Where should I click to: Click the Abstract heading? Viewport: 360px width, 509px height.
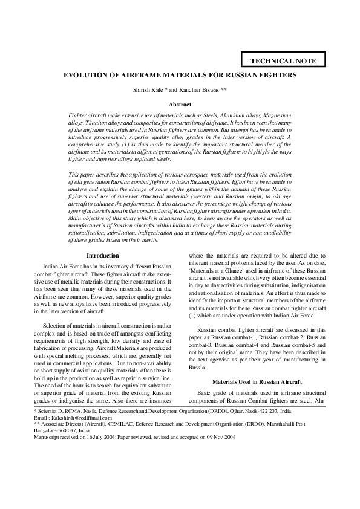(180, 105)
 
